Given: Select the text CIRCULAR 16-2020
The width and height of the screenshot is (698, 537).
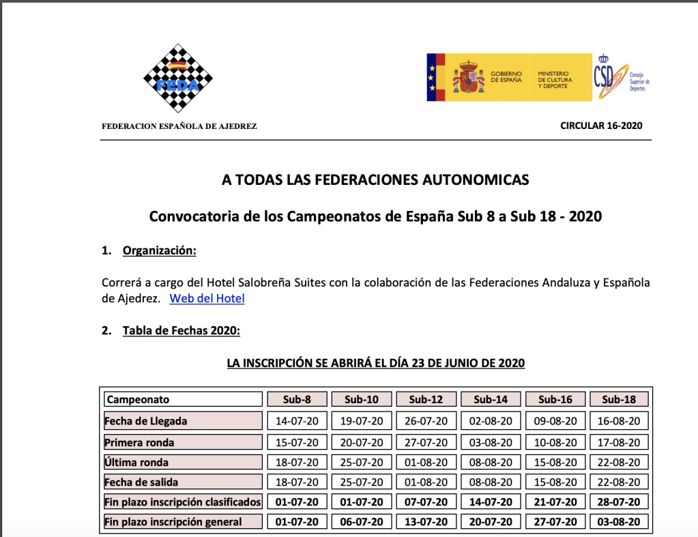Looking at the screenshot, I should [601, 126].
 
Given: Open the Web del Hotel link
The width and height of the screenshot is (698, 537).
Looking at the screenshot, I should [207, 298].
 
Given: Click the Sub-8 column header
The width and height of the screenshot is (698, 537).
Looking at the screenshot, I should [297, 399].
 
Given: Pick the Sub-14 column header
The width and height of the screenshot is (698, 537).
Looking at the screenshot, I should [491, 399].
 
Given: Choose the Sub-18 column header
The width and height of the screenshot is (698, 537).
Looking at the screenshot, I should [620, 399].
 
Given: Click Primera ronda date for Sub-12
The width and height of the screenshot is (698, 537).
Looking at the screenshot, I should [426, 442].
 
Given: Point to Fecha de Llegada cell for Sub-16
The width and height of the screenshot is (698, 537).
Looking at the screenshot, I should [555, 421].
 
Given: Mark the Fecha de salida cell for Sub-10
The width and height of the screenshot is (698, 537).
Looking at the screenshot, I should [362, 482].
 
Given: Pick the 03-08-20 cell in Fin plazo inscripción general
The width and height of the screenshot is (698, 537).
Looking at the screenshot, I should [620, 522].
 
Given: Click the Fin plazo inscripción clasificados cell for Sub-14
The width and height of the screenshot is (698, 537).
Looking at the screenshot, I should [491, 502].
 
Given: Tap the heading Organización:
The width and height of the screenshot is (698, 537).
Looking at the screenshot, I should [159, 250].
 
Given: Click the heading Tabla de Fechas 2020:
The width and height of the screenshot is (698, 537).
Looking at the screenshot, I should [181, 331].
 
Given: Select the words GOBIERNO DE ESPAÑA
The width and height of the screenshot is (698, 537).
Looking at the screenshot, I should [506, 76].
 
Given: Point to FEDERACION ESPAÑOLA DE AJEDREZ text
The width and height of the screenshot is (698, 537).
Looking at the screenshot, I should [179, 126].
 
